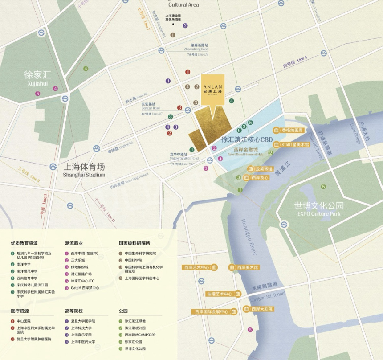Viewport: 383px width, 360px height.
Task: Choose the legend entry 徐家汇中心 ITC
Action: click(82, 281)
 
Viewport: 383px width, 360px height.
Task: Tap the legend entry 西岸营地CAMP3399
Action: click(140, 335)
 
